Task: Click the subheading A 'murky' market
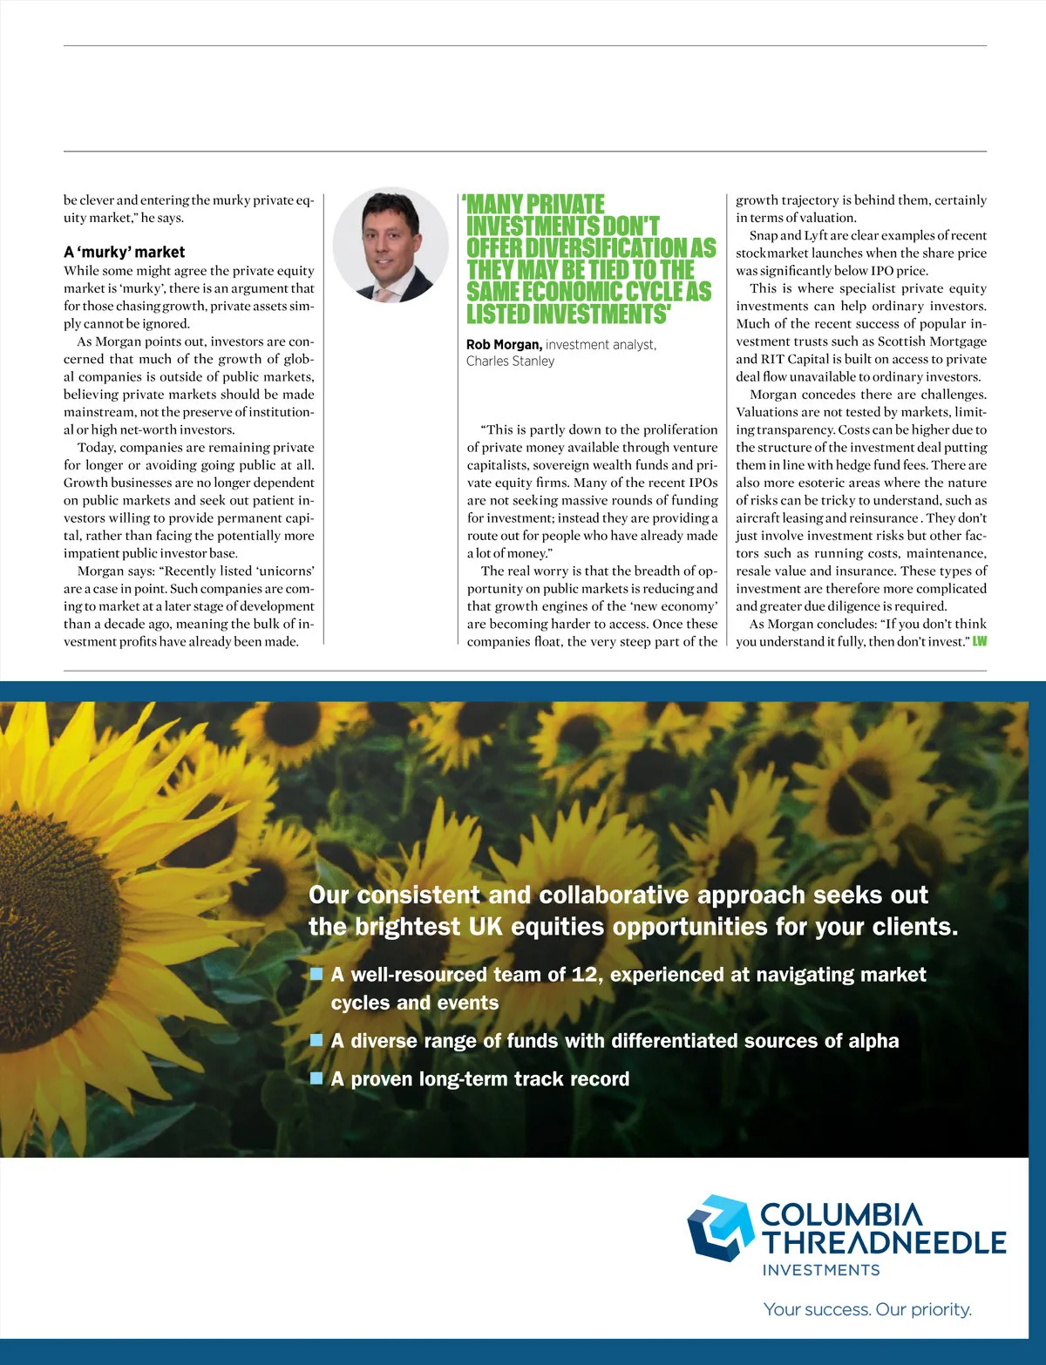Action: (x=124, y=252)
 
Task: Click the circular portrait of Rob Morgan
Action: (x=391, y=246)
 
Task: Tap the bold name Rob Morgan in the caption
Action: (x=504, y=345)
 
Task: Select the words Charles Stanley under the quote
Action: (x=510, y=362)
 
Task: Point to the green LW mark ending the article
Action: (x=980, y=642)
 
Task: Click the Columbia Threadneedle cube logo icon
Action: (x=719, y=1226)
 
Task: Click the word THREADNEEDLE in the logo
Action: (x=884, y=1243)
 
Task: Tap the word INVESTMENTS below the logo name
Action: (x=821, y=1270)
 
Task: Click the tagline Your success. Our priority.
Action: (x=867, y=1309)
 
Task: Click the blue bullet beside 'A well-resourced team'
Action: (x=317, y=973)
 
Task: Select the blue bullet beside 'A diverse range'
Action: (x=317, y=1039)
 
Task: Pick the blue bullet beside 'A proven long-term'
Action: (x=317, y=1078)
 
